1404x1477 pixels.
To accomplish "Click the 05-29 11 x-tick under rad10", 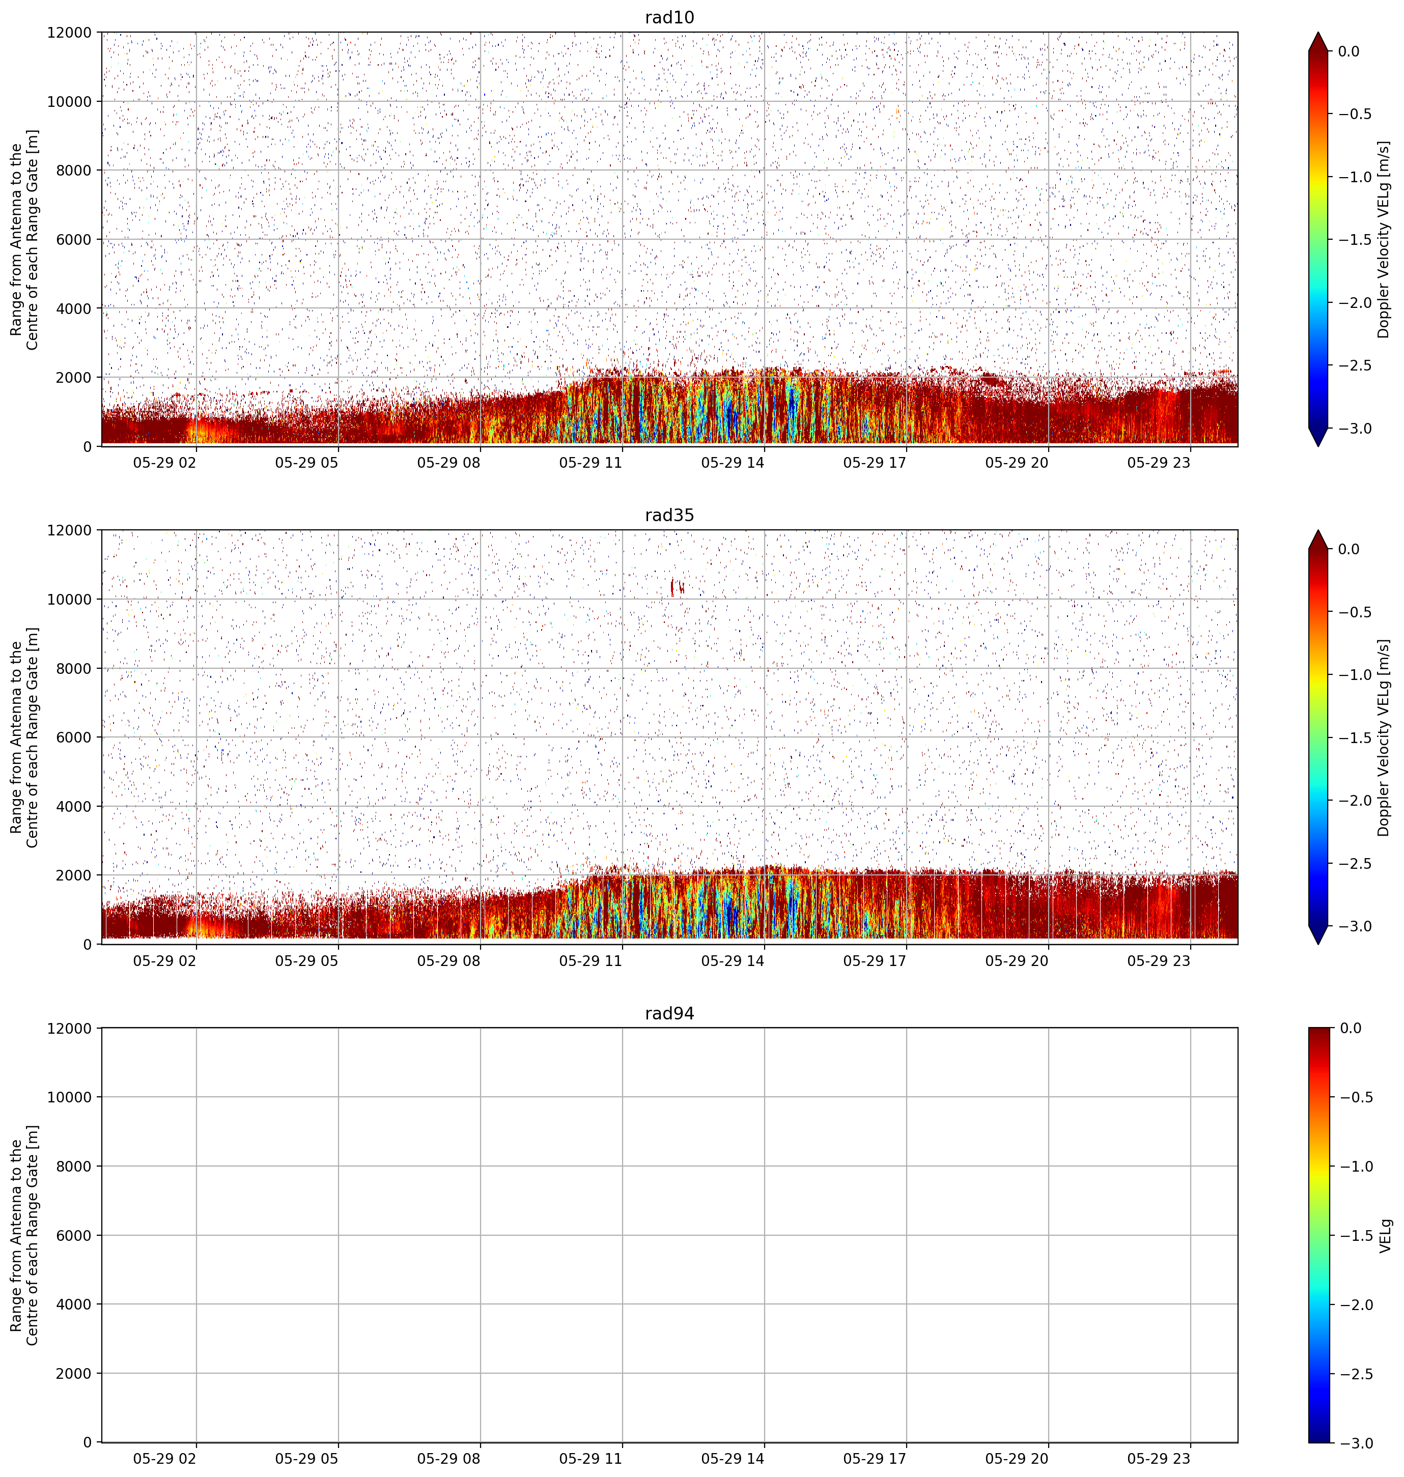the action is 591,463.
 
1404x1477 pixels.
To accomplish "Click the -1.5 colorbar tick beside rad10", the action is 1355,239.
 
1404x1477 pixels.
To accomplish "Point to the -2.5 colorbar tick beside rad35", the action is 1355,863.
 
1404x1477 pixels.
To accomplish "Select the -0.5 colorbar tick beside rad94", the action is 1355,1097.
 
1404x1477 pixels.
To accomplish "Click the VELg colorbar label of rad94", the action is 1385,1235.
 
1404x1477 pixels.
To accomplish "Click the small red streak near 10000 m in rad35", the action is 677,587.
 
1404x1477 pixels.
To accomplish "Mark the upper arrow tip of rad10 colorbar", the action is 1318,32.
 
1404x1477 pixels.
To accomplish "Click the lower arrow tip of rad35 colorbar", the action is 1318,944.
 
